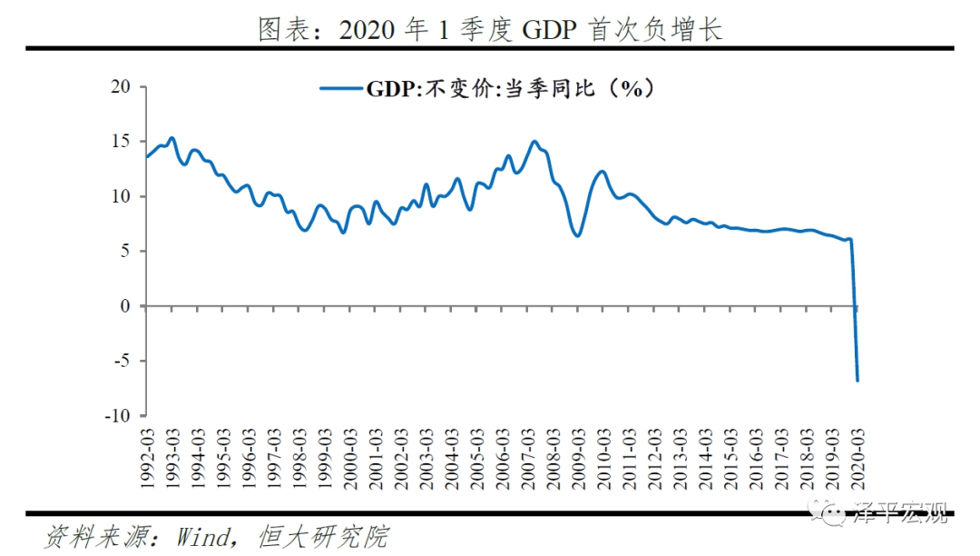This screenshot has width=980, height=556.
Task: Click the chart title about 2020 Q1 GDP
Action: pyautogui.click(x=490, y=30)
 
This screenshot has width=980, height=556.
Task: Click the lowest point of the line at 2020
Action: pyautogui.click(x=857, y=380)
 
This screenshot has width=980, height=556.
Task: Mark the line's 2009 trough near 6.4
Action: pyautogui.click(x=577, y=235)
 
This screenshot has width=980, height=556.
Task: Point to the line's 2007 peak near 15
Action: pyautogui.click(x=534, y=141)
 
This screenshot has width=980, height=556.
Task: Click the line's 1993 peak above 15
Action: pyautogui.click(x=171, y=138)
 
